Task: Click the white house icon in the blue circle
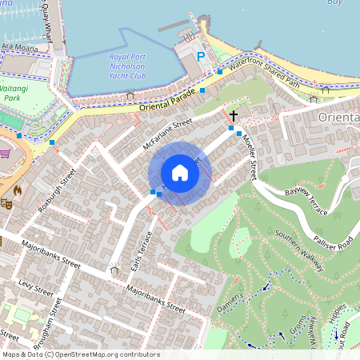180,173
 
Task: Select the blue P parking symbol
202,57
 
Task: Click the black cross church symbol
233,116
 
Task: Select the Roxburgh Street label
56,191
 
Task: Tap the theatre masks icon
6,204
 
